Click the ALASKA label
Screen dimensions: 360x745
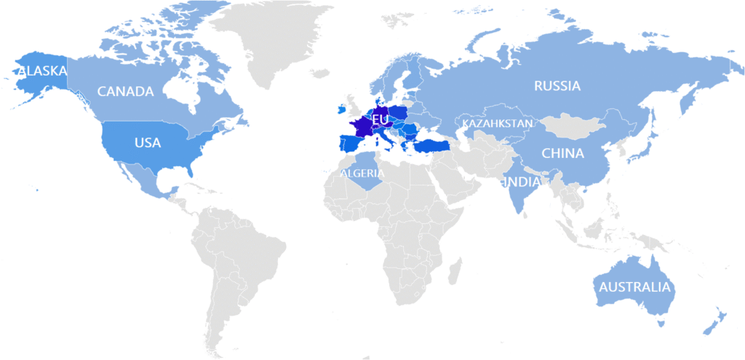(43, 71)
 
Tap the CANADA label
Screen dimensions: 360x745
(125, 92)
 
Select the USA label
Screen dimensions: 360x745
(147, 143)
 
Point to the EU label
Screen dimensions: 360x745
(380, 119)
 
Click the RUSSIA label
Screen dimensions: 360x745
(557, 86)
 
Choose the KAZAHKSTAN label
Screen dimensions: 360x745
(498, 124)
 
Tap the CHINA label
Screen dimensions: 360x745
(562, 153)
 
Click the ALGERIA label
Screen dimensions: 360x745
(362, 173)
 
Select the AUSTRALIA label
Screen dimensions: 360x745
(634, 287)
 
